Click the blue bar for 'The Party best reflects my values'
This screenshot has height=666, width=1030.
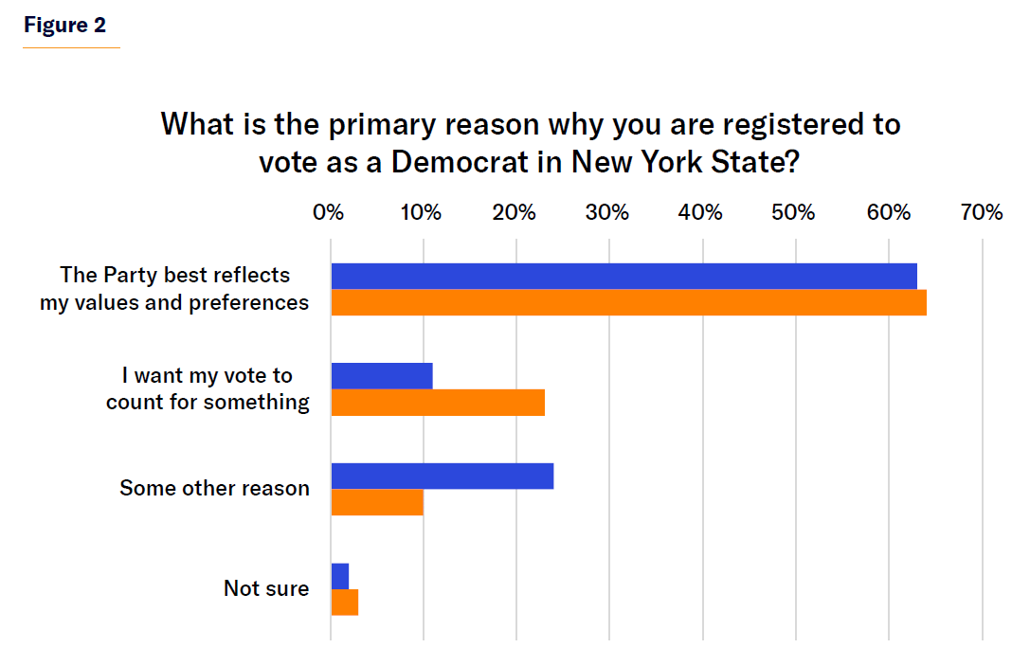[x=623, y=276]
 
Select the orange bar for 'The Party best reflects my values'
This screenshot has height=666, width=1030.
[x=628, y=302]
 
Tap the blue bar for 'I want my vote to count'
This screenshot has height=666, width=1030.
[x=382, y=376]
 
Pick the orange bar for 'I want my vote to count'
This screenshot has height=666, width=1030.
[x=438, y=403]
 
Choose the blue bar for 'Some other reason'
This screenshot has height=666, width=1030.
[x=442, y=476]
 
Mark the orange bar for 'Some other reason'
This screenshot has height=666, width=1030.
[x=377, y=502]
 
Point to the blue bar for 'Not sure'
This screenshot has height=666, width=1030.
[x=340, y=576]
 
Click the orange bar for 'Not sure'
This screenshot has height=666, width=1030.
[x=345, y=603]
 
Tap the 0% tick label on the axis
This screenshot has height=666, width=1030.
[x=328, y=212]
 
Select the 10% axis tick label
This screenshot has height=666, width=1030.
[x=421, y=212]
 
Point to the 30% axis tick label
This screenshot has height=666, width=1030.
[x=607, y=212]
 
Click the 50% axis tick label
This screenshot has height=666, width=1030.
[x=793, y=212]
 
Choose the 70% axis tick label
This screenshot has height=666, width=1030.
[x=981, y=212]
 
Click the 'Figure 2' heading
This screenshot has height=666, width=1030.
[x=65, y=26]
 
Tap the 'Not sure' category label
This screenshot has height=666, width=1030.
[x=266, y=588]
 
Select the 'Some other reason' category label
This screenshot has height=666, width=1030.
[x=214, y=489]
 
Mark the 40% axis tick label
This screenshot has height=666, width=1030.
[x=701, y=212]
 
